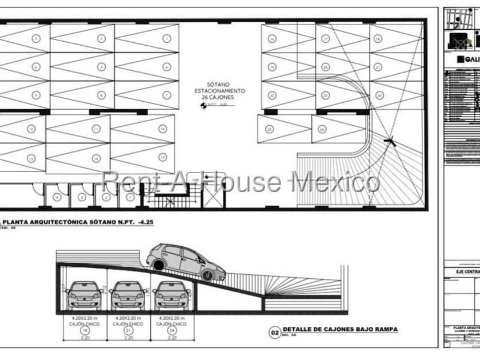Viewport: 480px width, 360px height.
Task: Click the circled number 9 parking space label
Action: pos(36,95)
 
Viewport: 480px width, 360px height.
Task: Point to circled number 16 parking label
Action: pos(272,39)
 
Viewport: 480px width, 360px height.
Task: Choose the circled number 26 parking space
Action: pos(322,130)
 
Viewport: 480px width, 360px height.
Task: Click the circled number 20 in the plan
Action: pos(326,67)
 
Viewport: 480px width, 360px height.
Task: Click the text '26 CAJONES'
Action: pos(219,98)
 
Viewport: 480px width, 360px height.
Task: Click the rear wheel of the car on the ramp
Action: pos(157,263)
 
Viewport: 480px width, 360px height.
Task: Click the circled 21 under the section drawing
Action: pos(127,330)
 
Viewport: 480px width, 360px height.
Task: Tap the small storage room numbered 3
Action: pos(82,198)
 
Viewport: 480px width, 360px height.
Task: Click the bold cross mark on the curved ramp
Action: pos(390,141)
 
